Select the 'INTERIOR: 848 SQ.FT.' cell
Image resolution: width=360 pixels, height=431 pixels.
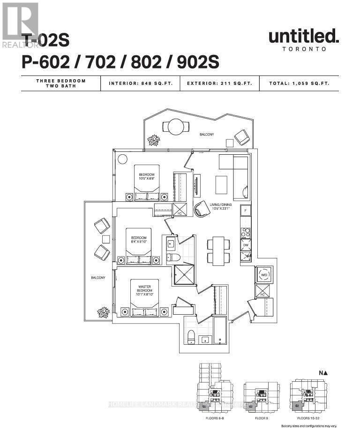point(141,83)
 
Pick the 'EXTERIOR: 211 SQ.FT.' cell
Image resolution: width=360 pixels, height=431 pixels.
point(219,83)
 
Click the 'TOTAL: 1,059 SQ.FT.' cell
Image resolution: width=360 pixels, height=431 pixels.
point(299,83)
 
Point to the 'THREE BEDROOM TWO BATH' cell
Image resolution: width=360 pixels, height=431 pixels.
point(61,83)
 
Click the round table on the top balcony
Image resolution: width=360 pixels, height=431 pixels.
point(176,127)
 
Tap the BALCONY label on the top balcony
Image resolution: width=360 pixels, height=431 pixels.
point(206,135)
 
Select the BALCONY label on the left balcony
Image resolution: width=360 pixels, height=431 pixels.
point(98,278)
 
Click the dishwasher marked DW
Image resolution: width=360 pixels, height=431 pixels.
point(246,245)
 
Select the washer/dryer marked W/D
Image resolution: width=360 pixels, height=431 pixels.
point(263,274)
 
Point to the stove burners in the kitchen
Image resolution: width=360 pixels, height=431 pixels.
point(246,233)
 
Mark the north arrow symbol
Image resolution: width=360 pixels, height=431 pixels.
point(323,373)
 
